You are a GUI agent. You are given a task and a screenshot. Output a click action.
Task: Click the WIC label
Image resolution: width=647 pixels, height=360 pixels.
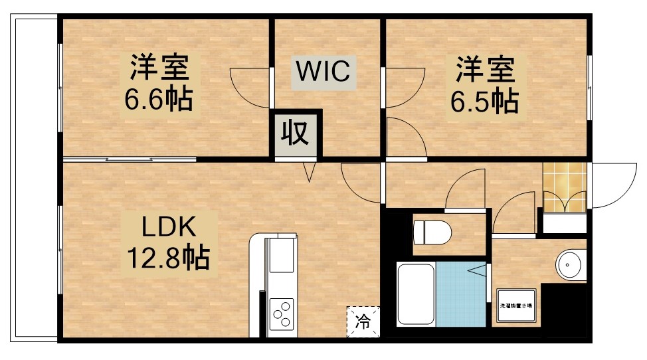(x=323, y=71)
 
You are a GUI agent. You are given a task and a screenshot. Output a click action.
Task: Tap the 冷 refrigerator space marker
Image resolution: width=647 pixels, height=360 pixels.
(x=363, y=322)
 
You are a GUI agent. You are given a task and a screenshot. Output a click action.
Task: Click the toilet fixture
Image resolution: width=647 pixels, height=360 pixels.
(x=432, y=233)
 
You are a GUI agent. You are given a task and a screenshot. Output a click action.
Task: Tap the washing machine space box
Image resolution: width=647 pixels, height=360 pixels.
(x=518, y=305)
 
